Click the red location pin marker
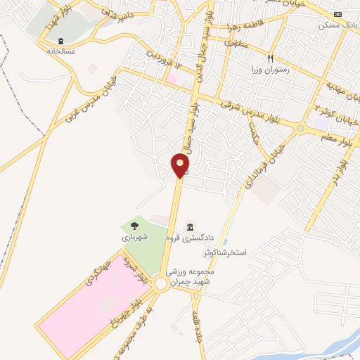(x=180, y=167)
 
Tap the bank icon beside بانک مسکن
(x=338, y=14)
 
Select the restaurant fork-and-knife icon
(x=270, y=58)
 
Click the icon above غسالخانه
(x=60, y=40)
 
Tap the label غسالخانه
(x=60, y=51)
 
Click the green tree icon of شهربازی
(x=131, y=226)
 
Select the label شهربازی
(x=135, y=238)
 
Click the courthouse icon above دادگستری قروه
(x=190, y=226)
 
